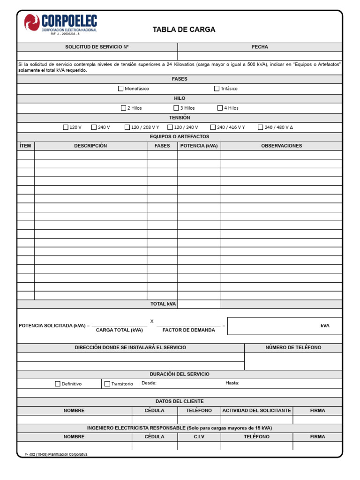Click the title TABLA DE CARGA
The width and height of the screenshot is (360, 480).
[x=184, y=30]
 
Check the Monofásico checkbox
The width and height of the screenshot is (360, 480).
[x=120, y=88]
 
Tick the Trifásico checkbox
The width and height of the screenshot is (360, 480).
[x=217, y=88]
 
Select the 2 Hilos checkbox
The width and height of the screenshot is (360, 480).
[x=124, y=108]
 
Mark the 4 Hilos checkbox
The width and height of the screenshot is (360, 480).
[x=220, y=108]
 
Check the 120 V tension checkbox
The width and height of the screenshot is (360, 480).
[x=66, y=127]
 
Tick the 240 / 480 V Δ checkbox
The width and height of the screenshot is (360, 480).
[x=261, y=127]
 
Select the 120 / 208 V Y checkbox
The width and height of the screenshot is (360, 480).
[x=127, y=127]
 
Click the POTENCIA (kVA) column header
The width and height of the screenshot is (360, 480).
[x=199, y=146]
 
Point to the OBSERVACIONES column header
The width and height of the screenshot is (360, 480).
[x=281, y=146]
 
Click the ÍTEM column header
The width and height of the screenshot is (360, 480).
[x=25, y=146]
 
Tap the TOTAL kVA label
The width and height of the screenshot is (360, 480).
[x=163, y=304]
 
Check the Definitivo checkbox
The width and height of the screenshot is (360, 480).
[x=58, y=383]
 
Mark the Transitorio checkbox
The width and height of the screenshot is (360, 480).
[x=107, y=383]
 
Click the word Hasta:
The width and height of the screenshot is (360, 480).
[x=232, y=383]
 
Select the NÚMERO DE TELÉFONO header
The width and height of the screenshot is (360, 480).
[x=293, y=347]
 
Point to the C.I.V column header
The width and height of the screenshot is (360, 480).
[x=199, y=436]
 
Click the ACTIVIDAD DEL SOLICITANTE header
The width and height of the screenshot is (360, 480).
[x=256, y=410]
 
